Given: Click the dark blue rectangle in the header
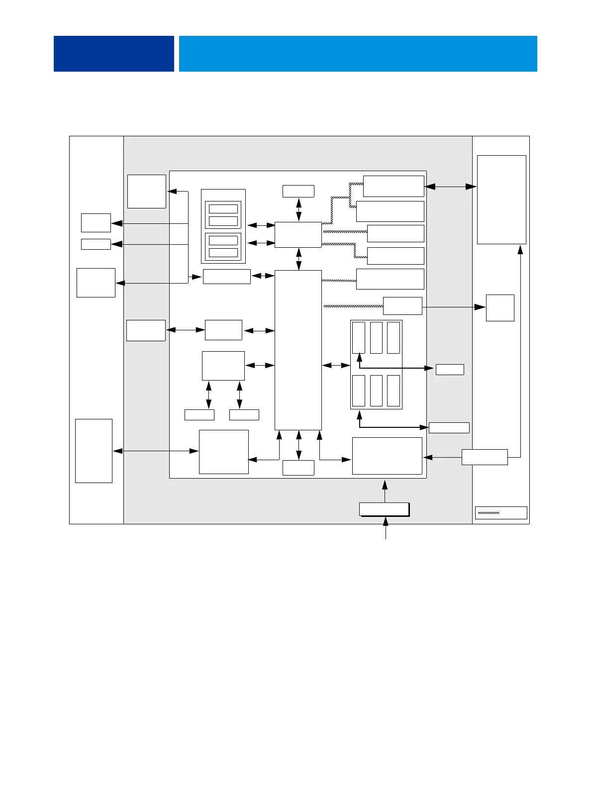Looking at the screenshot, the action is (113, 53).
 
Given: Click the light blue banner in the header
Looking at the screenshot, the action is (358, 53).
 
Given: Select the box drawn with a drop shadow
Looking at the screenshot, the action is (384, 509).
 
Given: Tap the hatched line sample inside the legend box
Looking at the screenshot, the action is (489, 512).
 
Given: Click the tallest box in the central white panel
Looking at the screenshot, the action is (298, 350).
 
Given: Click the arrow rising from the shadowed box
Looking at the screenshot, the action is (385, 490).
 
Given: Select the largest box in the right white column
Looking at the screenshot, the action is (501, 199).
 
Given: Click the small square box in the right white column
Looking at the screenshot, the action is (500, 307).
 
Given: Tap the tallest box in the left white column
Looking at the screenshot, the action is (94, 451).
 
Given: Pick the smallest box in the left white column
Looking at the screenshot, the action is (96, 244).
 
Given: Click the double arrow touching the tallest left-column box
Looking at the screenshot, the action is (155, 451).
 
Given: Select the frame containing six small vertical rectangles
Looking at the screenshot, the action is (376, 365).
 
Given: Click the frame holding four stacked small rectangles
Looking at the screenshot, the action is (223, 226).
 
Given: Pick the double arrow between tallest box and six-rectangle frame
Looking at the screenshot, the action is (336, 366).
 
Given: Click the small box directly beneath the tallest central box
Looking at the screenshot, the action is (298, 468).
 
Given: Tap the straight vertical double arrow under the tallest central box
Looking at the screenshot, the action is (298, 445).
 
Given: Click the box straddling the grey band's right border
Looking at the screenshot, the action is (485, 457).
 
